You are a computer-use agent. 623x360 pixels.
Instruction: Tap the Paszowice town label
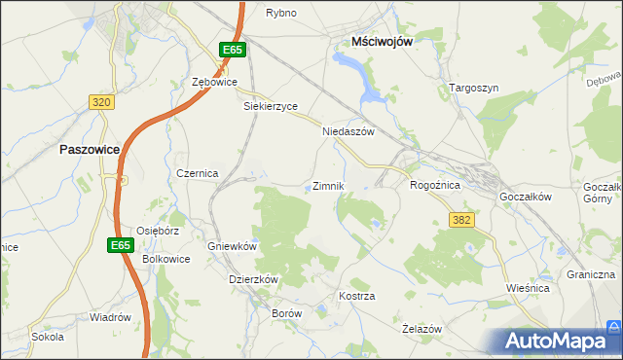[x=90, y=150]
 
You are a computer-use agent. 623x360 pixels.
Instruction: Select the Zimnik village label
[x=327, y=186]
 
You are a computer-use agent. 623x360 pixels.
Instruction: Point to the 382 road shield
[x=461, y=221]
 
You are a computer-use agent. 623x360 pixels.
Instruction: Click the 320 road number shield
[x=100, y=101]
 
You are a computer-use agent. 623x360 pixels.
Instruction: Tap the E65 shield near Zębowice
[x=231, y=50]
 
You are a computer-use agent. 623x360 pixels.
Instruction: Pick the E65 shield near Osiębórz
[x=120, y=245]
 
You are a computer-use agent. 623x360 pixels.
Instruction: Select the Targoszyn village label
[x=474, y=88]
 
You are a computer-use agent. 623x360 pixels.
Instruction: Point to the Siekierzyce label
[x=270, y=107]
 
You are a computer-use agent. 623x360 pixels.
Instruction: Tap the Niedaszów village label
[x=348, y=130]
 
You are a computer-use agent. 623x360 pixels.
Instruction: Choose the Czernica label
[x=197, y=172]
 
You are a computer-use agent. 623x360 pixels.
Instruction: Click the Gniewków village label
[x=232, y=246]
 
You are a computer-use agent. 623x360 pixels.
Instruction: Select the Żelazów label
[x=422, y=329]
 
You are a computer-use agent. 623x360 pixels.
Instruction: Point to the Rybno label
[x=281, y=13]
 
